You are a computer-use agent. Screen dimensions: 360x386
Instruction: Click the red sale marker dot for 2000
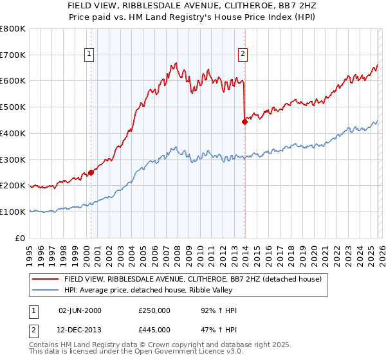tap(91, 172)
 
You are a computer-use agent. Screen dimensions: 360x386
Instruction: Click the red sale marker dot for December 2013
tap(244, 122)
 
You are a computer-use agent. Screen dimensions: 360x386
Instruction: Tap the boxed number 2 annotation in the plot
tap(243, 55)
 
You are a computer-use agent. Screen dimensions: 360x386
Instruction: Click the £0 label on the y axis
tap(21, 238)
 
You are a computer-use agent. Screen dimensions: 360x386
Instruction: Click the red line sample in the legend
tap(46, 280)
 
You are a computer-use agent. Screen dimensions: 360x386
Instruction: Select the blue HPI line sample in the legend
tap(46, 291)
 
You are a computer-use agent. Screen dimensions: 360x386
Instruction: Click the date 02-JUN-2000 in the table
tap(80, 310)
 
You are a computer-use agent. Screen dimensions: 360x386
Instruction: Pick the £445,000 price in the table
tap(154, 330)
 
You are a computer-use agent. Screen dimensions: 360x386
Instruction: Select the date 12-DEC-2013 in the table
tap(80, 330)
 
